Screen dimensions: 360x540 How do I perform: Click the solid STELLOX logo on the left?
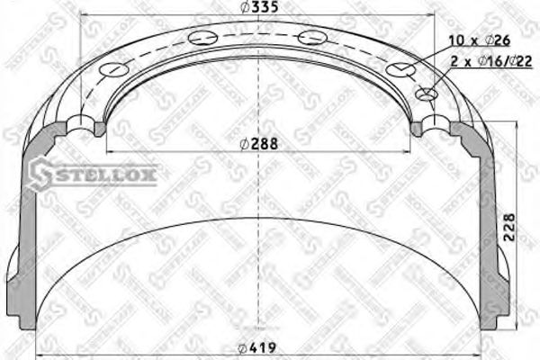coord(94,173)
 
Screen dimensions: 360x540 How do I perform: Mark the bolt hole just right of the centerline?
coord(310,37)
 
